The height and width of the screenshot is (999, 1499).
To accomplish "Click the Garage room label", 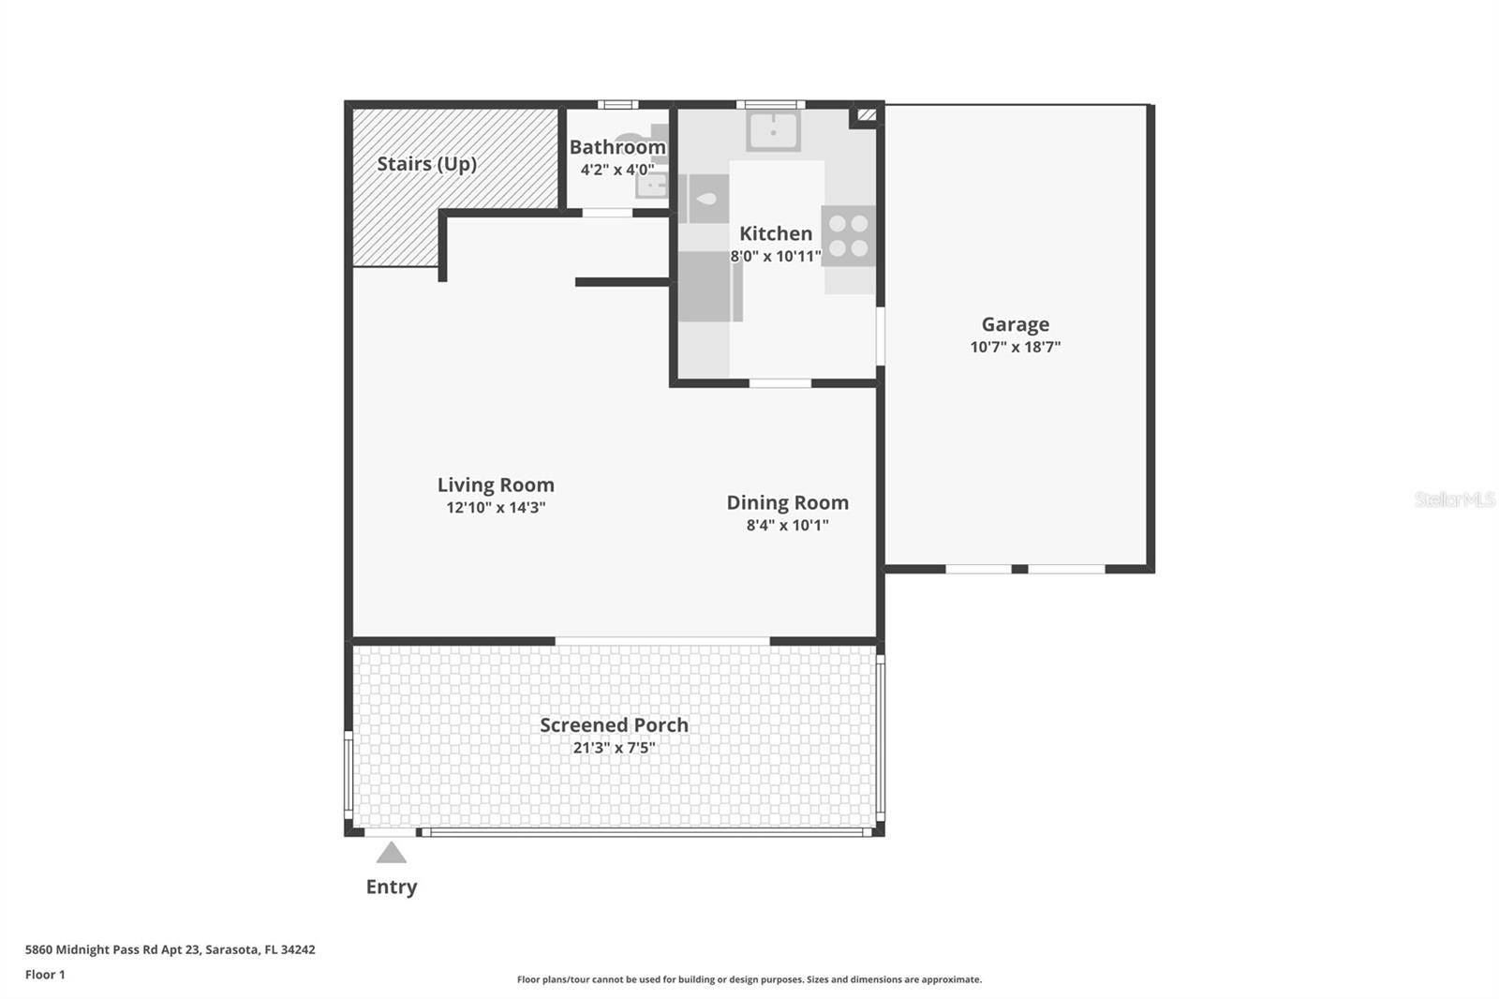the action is (x=1016, y=324).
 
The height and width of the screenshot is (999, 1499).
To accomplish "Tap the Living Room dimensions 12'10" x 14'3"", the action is (x=496, y=508).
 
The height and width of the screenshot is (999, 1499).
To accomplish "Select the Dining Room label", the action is (x=788, y=503).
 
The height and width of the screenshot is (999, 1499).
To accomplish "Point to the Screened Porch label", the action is (x=615, y=725).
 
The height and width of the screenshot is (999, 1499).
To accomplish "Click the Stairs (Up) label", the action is (x=427, y=164).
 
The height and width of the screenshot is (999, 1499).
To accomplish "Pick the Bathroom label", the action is (x=617, y=146).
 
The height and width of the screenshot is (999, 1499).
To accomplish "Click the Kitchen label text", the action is (x=776, y=233).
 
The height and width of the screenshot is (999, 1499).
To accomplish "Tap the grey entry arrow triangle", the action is (x=392, y=853).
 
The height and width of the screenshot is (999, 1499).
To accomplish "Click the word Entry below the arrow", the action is (x=392, y=887).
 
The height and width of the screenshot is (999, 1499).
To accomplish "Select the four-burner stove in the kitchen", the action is (x=849, y=235).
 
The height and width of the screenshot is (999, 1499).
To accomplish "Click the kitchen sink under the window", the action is (x=774, y=130).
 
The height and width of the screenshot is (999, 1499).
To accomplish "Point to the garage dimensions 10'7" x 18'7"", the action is (x=1016, y=347).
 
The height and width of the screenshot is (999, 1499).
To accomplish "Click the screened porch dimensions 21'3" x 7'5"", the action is (x=615, y=747).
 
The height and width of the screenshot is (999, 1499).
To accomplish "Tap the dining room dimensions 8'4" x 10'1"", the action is (x=788, y=525).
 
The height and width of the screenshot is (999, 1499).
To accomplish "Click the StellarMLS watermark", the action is (x=1454, y=499).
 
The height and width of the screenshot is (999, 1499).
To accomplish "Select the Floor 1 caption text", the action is (x=46, y=975).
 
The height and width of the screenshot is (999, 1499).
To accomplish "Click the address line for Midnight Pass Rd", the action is (x=170, y=949).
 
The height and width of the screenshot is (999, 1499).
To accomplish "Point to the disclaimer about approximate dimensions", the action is (x=749, y=979).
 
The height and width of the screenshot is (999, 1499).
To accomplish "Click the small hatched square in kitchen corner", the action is (x=867, y=114).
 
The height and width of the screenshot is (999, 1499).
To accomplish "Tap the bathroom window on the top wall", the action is (x=617, y=104).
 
